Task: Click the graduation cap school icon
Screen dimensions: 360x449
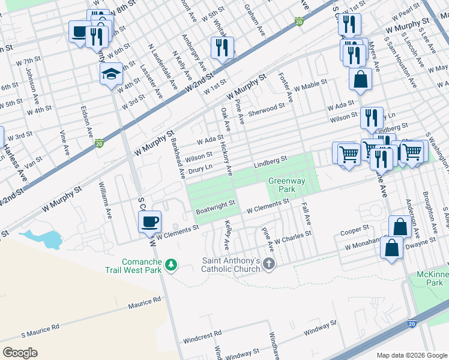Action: coord(111,74)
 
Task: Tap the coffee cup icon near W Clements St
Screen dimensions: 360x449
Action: coord(149,221)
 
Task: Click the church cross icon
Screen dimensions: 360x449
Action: coord(270,264)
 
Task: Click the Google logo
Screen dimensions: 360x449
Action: coord(20,352)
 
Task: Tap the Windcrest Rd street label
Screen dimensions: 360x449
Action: coord(202,334)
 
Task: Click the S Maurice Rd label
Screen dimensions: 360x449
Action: coord(40,328)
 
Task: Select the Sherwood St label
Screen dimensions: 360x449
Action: coord(266,108)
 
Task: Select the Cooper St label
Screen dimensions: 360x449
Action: coord(354,230)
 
